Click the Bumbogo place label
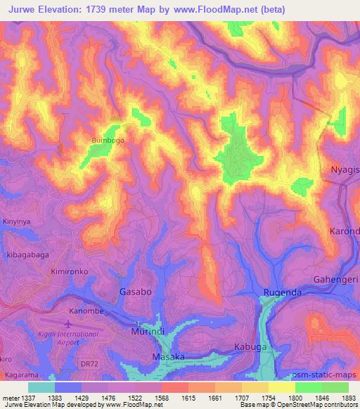coord(108,141)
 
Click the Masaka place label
coord(169,358)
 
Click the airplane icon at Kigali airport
coord(67,324)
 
